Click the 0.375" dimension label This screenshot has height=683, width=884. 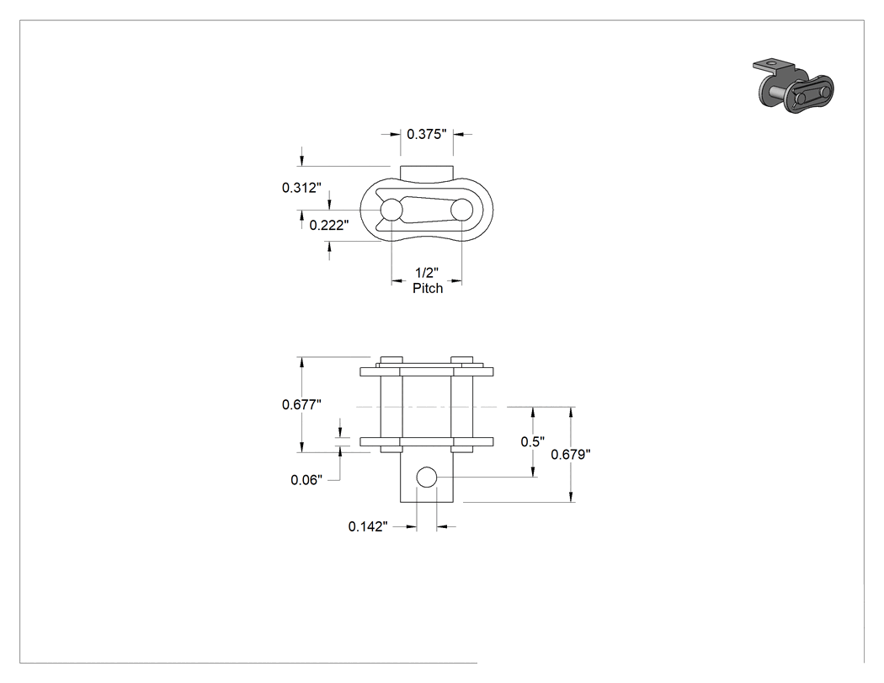[426, 134]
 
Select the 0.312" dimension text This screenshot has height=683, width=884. [301, 187]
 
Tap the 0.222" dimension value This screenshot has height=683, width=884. [329, 225]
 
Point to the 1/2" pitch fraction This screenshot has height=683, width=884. [427, 273]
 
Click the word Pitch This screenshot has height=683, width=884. [428, 288]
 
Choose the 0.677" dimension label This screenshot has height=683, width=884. [301, 404]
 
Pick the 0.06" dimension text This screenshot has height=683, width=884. [306, 480]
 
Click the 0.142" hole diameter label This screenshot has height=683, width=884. [368, 526]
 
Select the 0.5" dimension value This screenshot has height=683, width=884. [533, 441]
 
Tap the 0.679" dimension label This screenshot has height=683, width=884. [571, 454]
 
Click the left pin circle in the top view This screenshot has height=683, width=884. [391, 210]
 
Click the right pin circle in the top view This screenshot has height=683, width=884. [461, 210]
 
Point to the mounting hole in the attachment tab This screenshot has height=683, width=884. [426, 478]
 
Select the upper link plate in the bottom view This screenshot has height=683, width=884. [427, 371]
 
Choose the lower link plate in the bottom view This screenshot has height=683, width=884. [427, 441]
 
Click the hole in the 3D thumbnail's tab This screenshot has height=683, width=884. [771, 62]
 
